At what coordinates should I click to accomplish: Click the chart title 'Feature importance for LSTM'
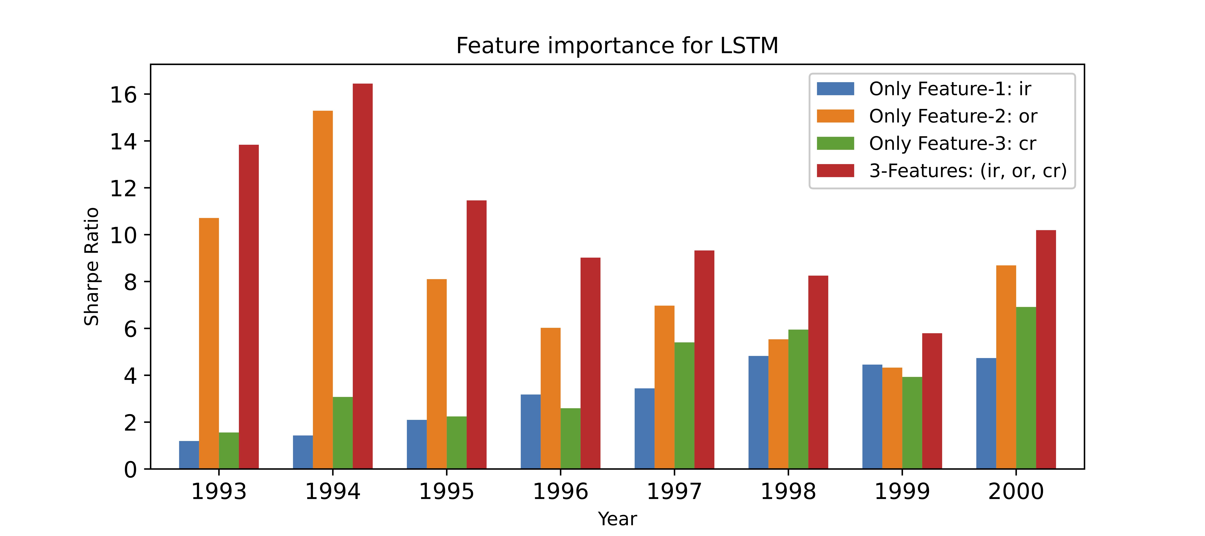[617, 46]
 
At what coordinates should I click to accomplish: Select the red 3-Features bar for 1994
[363, 276]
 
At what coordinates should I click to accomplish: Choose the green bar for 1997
[684, 405]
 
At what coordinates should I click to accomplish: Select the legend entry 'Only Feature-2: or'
[953, 116]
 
